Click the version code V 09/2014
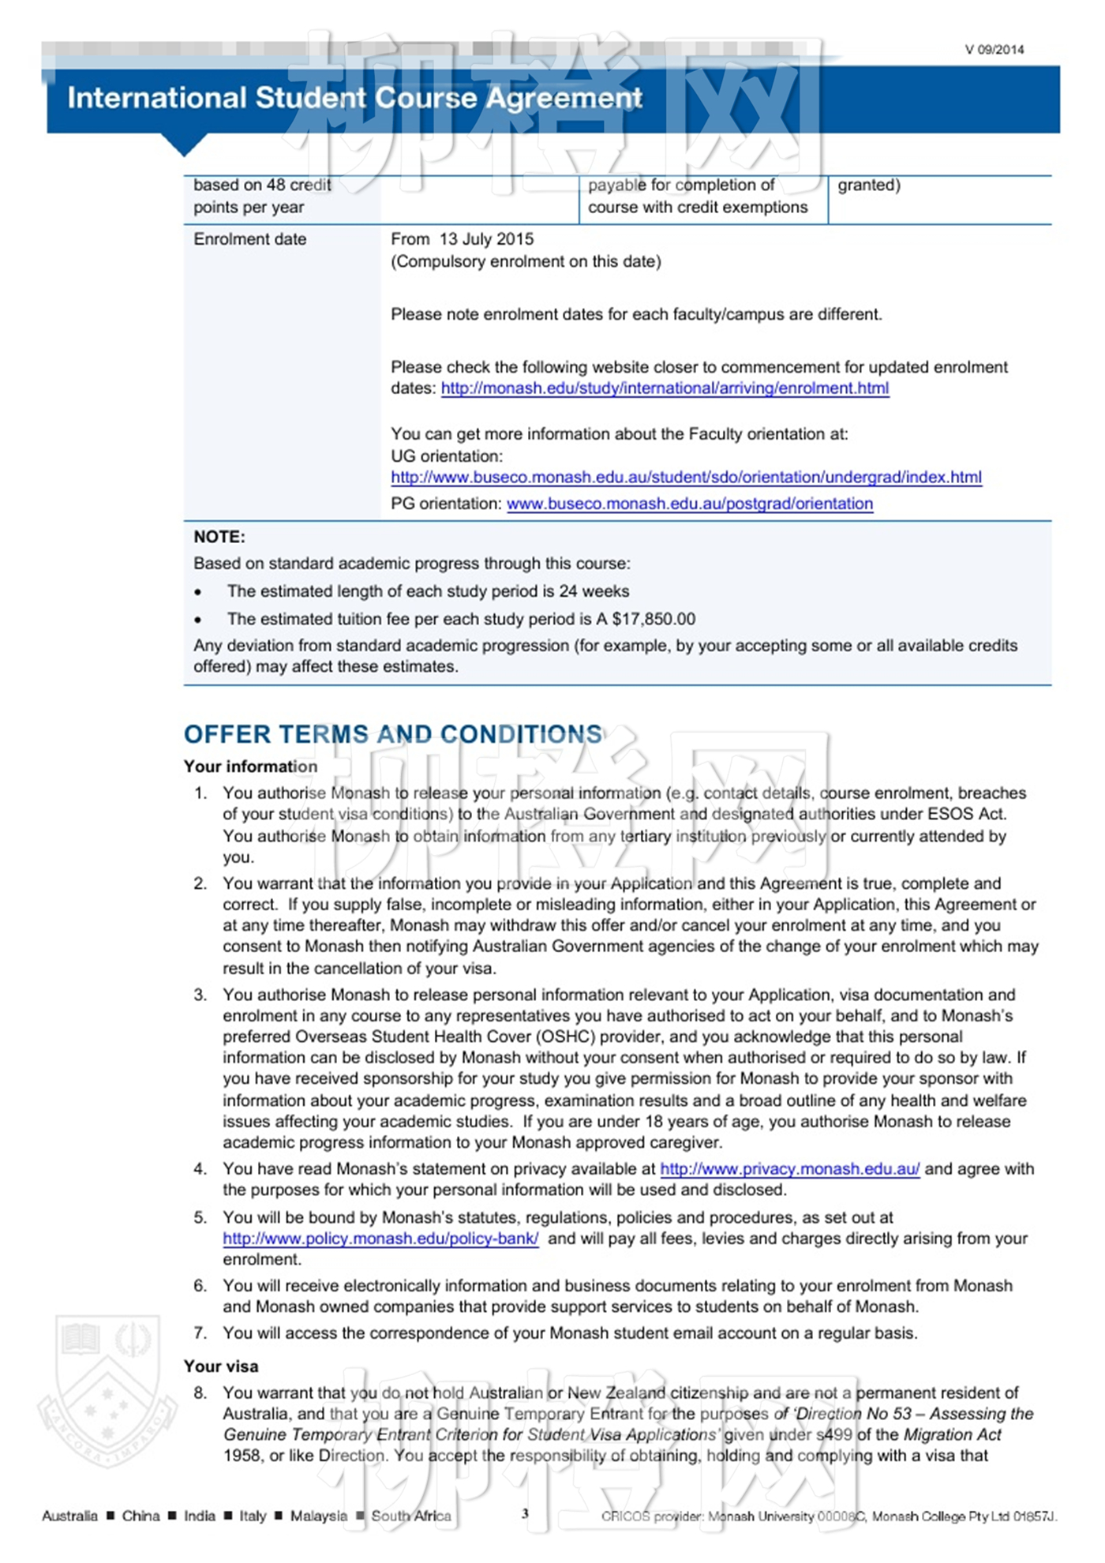(x=994, y=50)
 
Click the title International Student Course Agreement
(x=354, y=98)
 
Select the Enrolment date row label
(x=249, y=239)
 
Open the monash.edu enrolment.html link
(x=665, y=388)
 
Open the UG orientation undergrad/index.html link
(x=686, y=478)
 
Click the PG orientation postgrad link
(x=689, y=504)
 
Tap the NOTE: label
(x=219, y=537)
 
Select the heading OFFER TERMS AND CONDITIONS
(x=393, y=734)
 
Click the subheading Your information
(x=250, y=767)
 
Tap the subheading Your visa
(x=221, y=1366)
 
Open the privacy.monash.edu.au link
(x=789, y=1169)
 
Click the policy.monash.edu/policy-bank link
(x=380, y=1239)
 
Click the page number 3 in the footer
(x=525, y=1513)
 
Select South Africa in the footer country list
(x=410, y=1516)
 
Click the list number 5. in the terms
(x=200, y=1218)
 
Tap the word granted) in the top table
(x=868, y=186)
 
